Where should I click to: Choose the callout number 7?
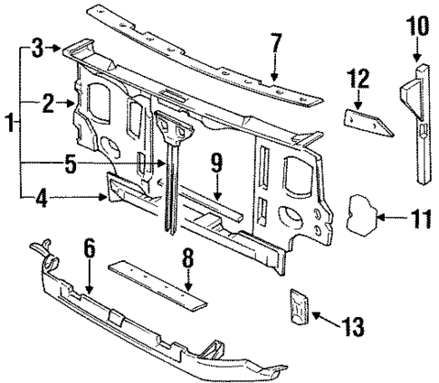pyautogui.click(x=275, y=42)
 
